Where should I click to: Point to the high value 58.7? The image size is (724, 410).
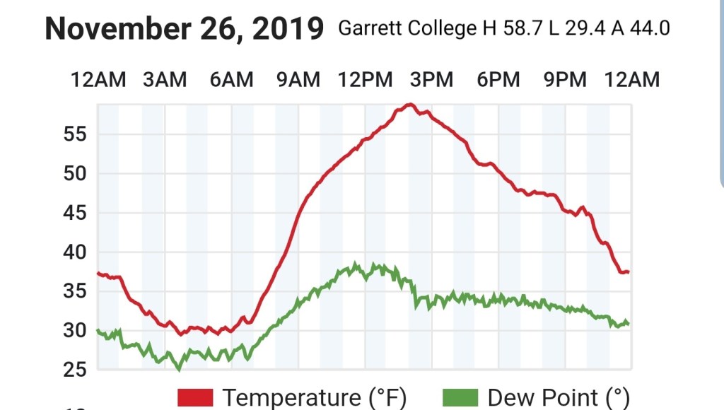tap(522, 29)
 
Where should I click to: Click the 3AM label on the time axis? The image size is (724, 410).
tap(165, 80)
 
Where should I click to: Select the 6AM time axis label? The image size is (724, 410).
tap(231, 80)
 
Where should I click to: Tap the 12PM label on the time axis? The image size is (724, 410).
tap(365, 80)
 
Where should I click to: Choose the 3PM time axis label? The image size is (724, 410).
tap(431, 80)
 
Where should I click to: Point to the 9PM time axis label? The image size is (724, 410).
tap(565, 80)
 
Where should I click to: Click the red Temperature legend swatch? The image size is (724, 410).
tap(195, 398)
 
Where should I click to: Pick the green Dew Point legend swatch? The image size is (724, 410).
tap(460, 398)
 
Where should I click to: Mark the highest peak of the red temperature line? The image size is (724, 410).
tap(409, 105)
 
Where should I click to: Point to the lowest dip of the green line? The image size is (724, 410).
tap(179, 368)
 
